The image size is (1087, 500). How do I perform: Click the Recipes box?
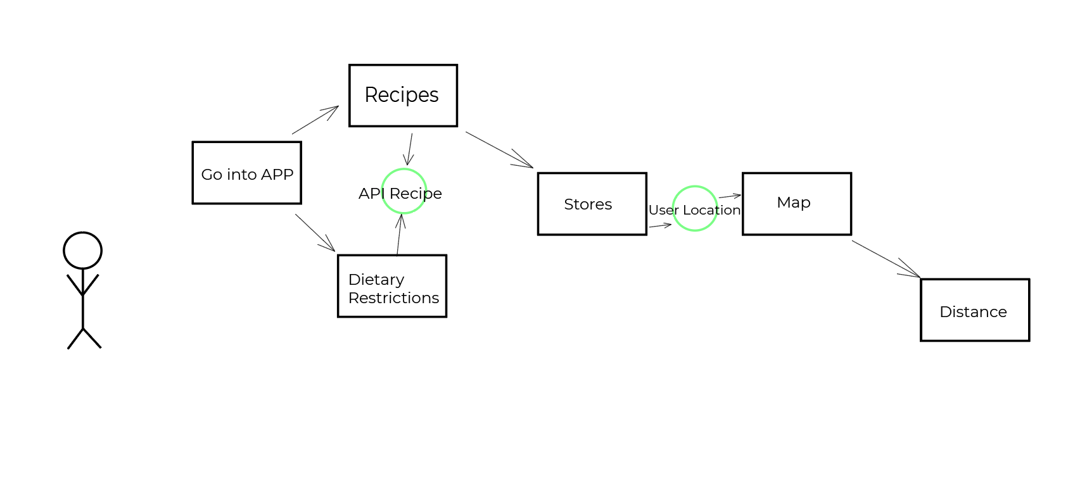click(403, 96)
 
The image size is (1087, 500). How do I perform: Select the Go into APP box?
click(246, 173)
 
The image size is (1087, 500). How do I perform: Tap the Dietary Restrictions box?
click(391, 286)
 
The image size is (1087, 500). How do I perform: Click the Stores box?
click(592, 204)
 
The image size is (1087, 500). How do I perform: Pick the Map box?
click(796, 204)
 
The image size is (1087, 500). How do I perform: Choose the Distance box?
click(974, 310)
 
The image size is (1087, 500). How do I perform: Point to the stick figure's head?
click(82, 251)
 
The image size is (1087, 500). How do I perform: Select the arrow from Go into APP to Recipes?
click(315, 120)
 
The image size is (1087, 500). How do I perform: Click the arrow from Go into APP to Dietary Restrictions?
click(315, 232)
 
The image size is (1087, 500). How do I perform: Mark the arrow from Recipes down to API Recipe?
click(410, 149)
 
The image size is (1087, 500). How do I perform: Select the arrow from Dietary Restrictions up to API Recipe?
click(399, 235)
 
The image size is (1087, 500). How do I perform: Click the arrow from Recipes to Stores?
click(499, 150)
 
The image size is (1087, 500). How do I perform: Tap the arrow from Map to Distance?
click(886, 259)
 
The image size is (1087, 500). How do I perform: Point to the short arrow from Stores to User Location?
click(660, 225)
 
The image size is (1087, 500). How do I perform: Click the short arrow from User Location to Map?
click(730, 196)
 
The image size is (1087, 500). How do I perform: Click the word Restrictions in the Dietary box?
click(393, 298)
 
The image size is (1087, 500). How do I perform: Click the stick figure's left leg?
click(75, 338)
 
